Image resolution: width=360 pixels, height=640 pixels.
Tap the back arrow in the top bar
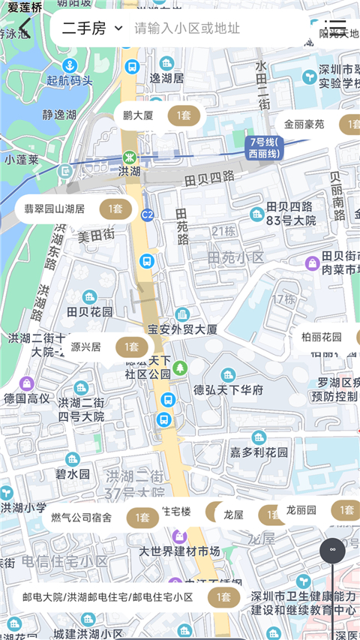(x=25, y=29)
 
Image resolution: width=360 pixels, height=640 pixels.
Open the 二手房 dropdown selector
(x=92, y=29)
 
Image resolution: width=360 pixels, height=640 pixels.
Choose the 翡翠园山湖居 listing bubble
(x=75, y=209)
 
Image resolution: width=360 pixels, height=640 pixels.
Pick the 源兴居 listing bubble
(x=105, y=347)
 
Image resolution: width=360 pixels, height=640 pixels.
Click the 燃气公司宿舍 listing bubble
(x=101, y=517)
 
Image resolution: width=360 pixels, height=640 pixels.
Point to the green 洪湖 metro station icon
(x=129, y=158)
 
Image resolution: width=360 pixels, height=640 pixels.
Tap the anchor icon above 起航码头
(x=70, y=65)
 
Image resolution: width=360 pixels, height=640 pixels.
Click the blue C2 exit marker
(x=147, y=215)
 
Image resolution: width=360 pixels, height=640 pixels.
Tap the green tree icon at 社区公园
(x=179, y=368)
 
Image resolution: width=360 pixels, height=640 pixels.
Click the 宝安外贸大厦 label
(x=182, y=329)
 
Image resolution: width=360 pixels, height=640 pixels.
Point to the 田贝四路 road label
(x=208, y=178)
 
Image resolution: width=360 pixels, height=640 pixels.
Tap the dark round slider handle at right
(x=332, y=550)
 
